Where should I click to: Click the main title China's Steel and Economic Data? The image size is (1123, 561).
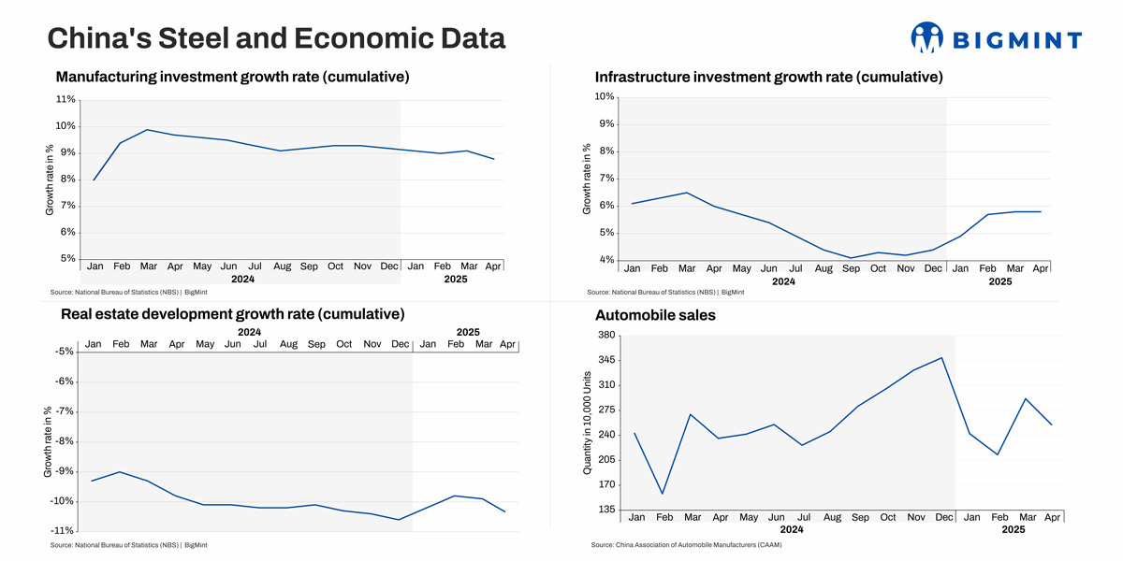click(x=276, y=38)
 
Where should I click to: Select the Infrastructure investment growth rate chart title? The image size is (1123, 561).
click(x=768, y=77)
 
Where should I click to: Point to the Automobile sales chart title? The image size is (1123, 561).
click(x=655, y=315)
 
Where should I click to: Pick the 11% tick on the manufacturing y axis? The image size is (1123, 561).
click(x=66, y=100)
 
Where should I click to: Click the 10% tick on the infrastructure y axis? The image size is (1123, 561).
click(x=604, y=97)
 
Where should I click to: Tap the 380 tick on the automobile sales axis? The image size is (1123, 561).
click(x=605, y=336)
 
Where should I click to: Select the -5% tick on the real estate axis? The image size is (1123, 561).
click(x=65, y=352)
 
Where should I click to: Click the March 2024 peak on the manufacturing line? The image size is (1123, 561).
click(x=148, y=130)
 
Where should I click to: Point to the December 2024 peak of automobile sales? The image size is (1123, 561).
click(x=942, y=357)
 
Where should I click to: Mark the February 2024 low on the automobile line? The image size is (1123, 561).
click(x=663, y=494)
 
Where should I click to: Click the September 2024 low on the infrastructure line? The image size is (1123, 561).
click(x=851, y=258)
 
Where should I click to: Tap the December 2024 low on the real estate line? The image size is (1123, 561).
click(x=401, y=520)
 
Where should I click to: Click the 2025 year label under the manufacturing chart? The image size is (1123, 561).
click(x=456, y=280)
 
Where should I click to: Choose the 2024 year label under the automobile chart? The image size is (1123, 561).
click(x=792, y=530)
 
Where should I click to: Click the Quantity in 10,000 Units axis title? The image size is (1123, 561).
click(x=588, y=423)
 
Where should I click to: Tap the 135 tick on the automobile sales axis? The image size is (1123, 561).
click(x=605, y=510)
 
